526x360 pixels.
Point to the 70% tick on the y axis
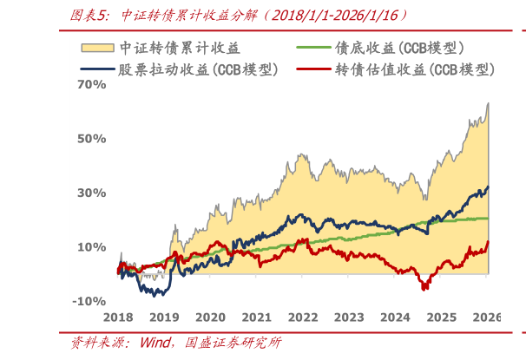[x=91, y=85]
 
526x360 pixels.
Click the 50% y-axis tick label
[x=91, y=139]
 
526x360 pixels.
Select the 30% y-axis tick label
[x=91, y=193]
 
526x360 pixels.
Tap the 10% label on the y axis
[x=91, y=247]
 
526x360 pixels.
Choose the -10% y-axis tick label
[x=89, y=301]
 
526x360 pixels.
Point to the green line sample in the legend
[x=314, y=48]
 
